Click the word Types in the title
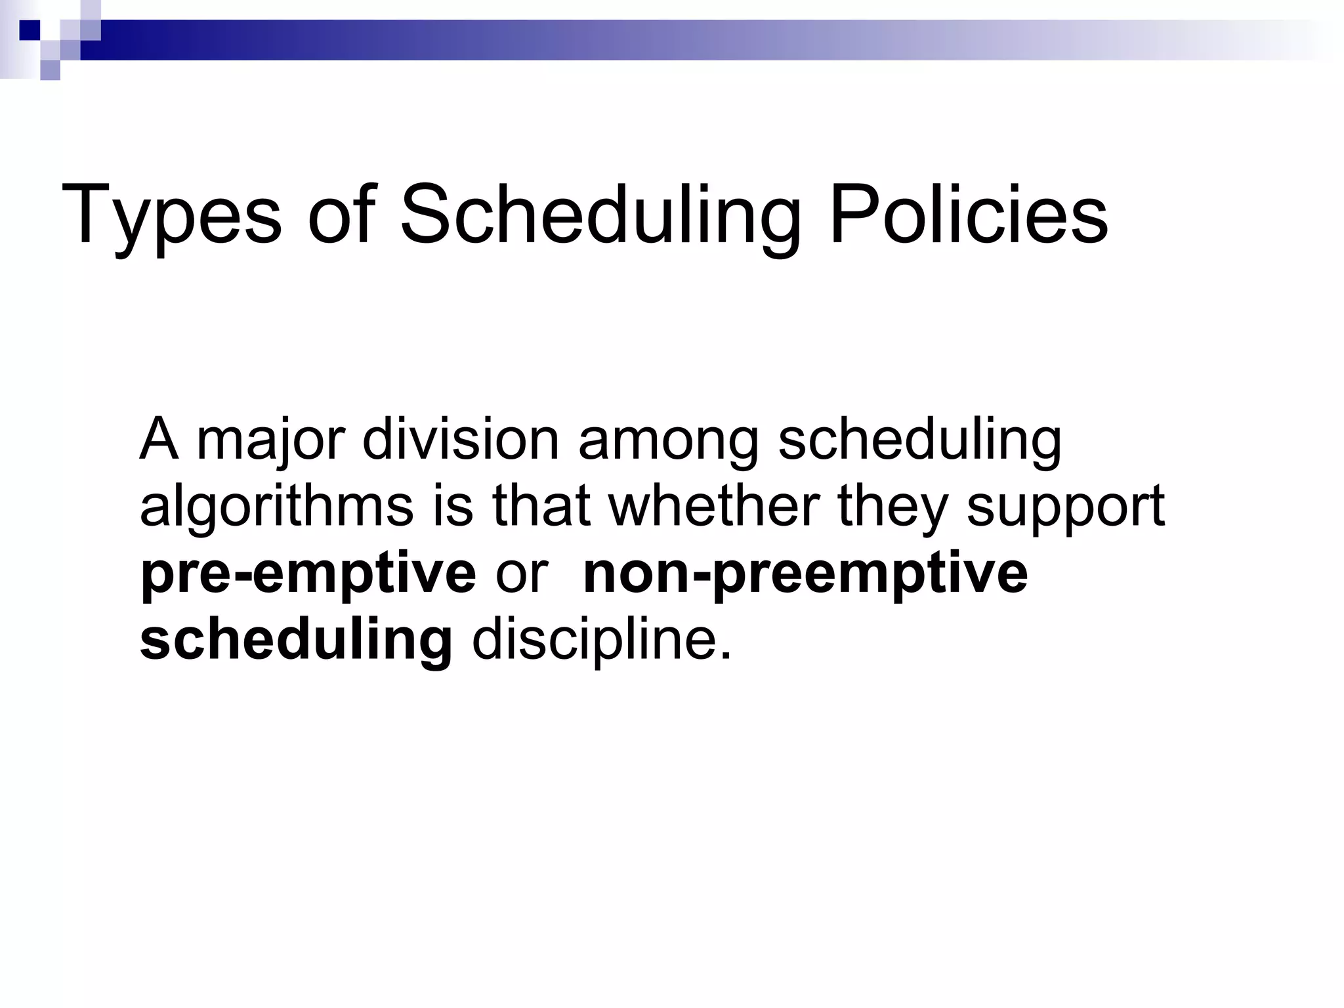click(x=171, y=215)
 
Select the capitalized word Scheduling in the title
click(x=600, y=215)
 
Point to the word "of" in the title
click(x=341, y=214)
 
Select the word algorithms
click(x=276, y=507)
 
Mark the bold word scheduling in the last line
click(x=296, y=640)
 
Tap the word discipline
click(x=601, y=640)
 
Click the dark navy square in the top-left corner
click(x=30, y=30)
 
